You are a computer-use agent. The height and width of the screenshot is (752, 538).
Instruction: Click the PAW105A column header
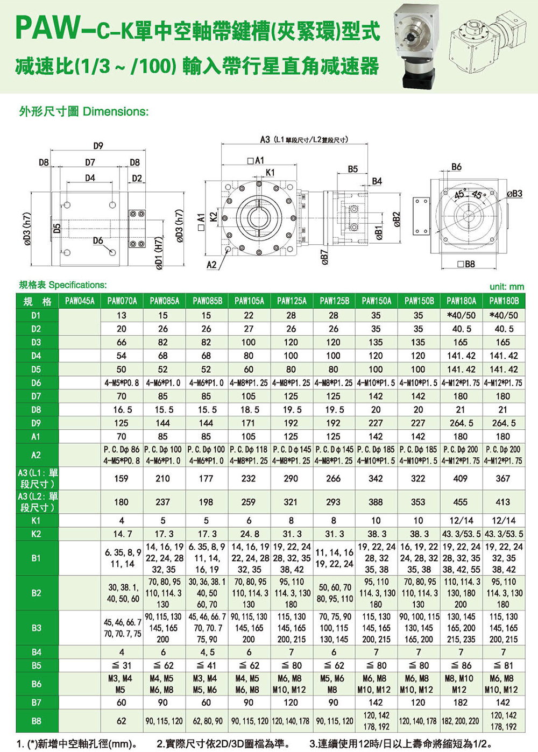pyautogui.click(x=249, y=301)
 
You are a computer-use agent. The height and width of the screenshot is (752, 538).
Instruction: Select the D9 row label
pyautogui.click(x=36, y=423)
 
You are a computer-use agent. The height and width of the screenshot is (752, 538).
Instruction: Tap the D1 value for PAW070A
pyautogui.click(x=122, y=316)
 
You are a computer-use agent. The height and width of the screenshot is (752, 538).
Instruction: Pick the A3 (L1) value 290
pyautogui.click(x=291, y=479)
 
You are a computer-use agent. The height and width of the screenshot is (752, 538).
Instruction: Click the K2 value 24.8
pyautogui.click(x=249, y=534)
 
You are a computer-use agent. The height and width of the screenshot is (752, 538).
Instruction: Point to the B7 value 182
pyautogui.click(x=461, y=703)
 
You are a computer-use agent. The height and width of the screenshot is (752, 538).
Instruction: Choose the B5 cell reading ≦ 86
pyautogui.click(x=461, y=666)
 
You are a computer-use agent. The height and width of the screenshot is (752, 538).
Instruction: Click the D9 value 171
pyautogui.click(x=249, y=423)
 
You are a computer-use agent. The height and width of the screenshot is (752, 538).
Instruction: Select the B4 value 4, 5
pyautogui.click(x=207, y=652)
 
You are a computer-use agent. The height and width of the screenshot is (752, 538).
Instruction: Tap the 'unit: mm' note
pyautogui.click(x=506, y=287)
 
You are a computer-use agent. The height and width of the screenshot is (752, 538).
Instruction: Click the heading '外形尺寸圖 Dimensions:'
pyautogui.click(x=83, y=112)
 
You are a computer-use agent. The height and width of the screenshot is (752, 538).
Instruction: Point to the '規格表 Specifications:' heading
pyautogui.click(x=63, y=285)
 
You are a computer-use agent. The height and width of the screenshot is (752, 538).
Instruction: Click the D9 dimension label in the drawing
pyautogui.click(x=98, y=146)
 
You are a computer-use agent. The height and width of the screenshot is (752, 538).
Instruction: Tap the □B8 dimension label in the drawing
pyautogui.click(x=466, y=264)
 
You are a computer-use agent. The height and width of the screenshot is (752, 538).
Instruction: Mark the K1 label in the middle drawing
pyautogui.click(x=270, y=173)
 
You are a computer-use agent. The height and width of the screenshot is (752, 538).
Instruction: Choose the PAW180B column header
pyautogui.click(x=504, y=301)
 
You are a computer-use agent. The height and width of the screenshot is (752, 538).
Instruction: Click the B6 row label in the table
pyautogui.click(x=36, y=684)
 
